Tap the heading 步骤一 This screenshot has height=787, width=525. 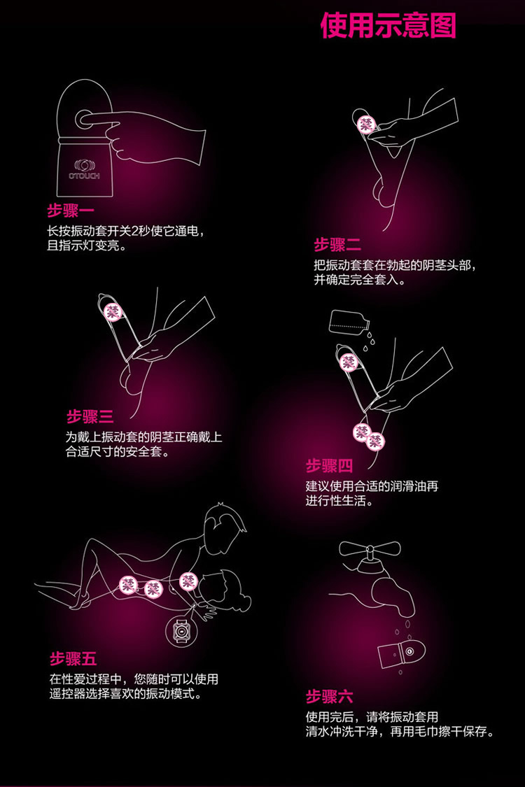click(71, 211)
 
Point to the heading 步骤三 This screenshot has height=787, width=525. click(90, 418)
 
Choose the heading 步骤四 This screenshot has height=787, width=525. click(329, 466)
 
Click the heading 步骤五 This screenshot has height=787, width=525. click(73, 658)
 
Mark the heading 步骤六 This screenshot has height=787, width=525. click(329, 696)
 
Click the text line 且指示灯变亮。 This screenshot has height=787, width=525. click(87, 247)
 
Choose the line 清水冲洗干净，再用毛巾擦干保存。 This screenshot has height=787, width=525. click(400, 732)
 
